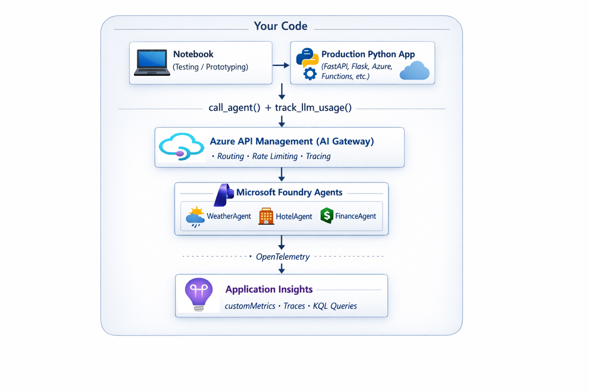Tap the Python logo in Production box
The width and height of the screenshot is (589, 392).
(307, 58)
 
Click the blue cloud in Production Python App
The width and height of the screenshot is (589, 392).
(415, 72)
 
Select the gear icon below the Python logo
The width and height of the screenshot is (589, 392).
(310, 74)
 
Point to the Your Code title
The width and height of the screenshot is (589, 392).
(281, 26)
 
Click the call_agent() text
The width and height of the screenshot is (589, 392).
(232, 108)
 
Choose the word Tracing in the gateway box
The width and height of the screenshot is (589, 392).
(318, 157)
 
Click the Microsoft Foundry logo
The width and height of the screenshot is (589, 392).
(224, 194)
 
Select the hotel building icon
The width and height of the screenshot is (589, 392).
(266, 216)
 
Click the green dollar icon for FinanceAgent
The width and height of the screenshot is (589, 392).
(327, 215)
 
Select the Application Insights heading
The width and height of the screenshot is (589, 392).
(269, 290)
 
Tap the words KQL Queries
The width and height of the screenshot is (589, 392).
(335, 306)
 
